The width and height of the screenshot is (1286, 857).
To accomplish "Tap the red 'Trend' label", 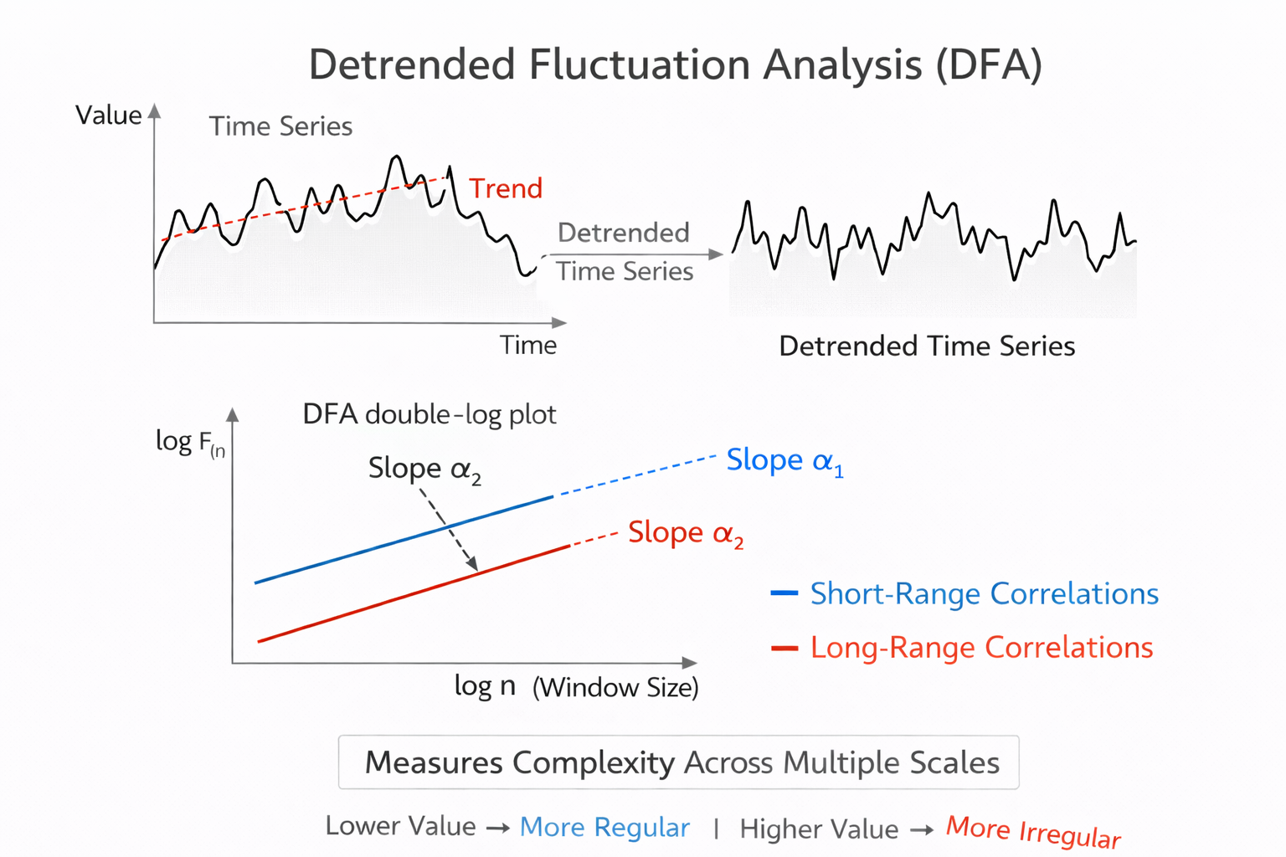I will click(506, 188).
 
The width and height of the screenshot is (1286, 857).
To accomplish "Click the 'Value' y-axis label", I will click(108, 115).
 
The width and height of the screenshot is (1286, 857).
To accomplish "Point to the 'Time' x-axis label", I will click(527, 345).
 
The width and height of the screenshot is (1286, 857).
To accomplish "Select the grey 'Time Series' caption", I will click(280, 126).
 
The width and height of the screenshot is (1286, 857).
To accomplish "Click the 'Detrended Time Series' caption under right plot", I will click(927, 346).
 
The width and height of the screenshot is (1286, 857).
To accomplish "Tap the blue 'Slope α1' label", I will click(784, 461).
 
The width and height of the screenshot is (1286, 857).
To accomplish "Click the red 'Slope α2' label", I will click(686, 533).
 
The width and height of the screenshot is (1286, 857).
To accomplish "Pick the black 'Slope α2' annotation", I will click(424, 469).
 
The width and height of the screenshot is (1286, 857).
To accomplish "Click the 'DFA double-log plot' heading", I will click(429, 414).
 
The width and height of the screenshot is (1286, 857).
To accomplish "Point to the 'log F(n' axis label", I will click(190, 443).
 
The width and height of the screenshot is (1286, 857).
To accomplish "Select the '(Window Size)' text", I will click(615, 687).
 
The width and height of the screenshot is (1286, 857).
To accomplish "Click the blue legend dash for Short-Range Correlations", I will click(784, 593).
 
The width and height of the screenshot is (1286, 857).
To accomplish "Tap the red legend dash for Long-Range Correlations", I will click(784, 648).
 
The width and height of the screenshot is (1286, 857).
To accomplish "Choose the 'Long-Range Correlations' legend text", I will click(981, 648).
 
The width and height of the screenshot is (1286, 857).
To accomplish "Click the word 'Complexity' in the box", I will click(593, 762).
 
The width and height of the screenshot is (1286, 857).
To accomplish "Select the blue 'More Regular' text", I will click(604, 827).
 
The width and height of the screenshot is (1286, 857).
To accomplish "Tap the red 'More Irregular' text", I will click(1033, 832).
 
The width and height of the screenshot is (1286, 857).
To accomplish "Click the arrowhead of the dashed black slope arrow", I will click(474, 567).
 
